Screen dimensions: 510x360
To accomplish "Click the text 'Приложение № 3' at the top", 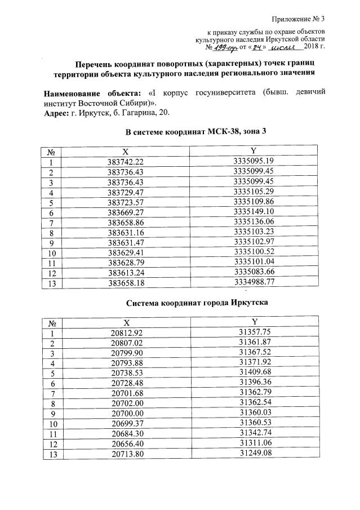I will point(302,21).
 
